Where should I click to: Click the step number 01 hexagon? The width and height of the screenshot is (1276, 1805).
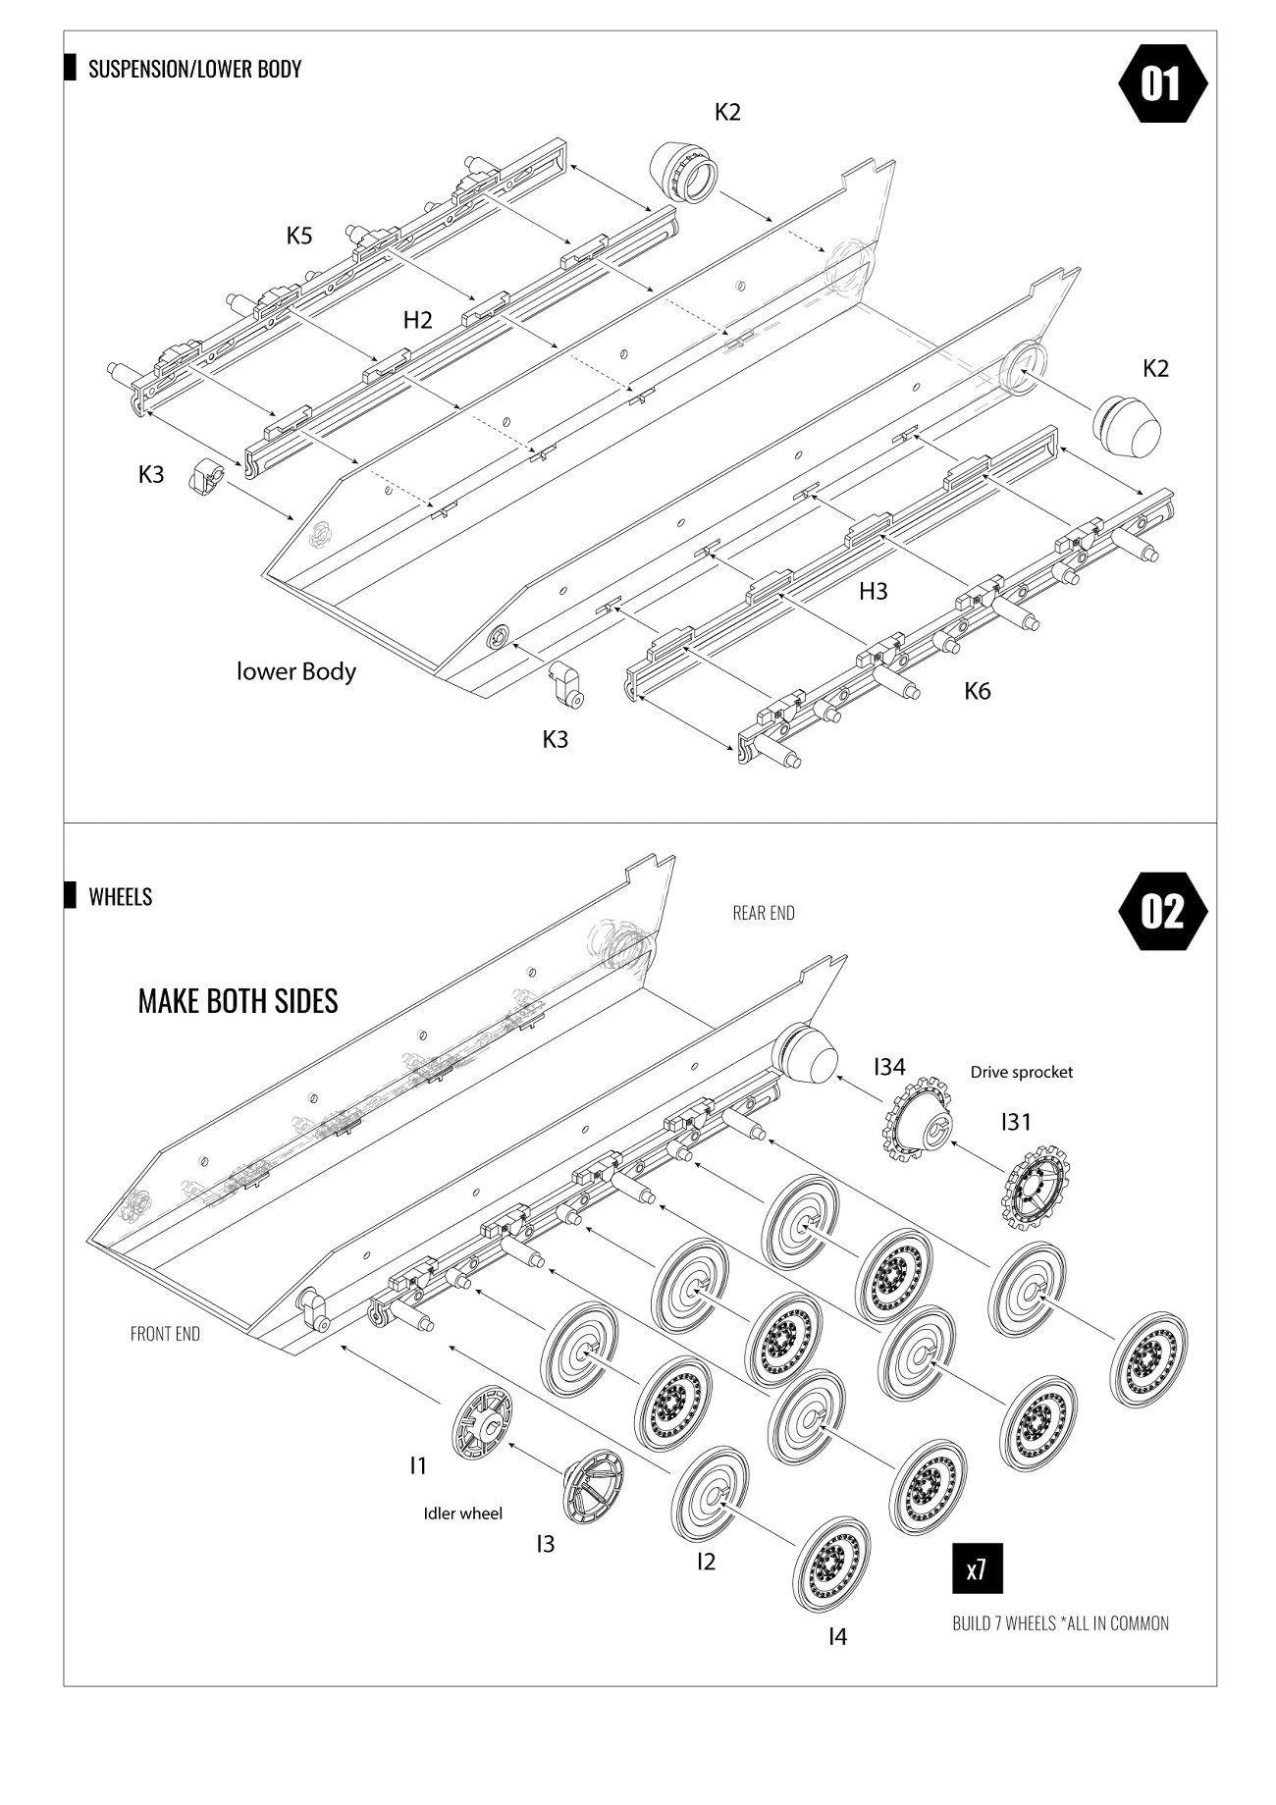(1162, 83)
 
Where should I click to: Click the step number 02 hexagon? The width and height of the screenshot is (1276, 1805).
(1162, 911)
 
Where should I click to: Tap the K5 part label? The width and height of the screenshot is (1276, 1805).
(299, 236)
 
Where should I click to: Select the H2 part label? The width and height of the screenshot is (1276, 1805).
(417, 320)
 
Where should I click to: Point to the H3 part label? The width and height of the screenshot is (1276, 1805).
(873, 591)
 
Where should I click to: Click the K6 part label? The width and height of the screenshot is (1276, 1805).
(977, 691)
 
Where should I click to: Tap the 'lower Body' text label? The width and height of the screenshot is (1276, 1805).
(296, 672)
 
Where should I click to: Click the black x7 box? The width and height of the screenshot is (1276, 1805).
(977, 1569)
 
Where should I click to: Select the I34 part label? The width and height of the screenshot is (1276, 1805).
(889, 1067)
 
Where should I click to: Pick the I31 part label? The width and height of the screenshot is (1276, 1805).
(1016, 1121)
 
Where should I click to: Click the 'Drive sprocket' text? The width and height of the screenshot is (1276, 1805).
(1021, 1072)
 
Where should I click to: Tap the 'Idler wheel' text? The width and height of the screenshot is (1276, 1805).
(462, 1513)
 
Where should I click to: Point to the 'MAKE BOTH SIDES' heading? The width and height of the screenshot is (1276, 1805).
(238, 1000)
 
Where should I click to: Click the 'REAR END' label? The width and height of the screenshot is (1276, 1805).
(764, 913)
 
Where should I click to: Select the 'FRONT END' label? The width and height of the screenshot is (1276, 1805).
(165, 1334)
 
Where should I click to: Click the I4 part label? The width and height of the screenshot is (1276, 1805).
(837, 1636)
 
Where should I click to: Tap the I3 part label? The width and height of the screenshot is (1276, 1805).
(545, 1544)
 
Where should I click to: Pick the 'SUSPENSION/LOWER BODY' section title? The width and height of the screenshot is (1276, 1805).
(194, 69)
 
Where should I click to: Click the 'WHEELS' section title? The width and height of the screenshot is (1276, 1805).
(120, 896)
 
